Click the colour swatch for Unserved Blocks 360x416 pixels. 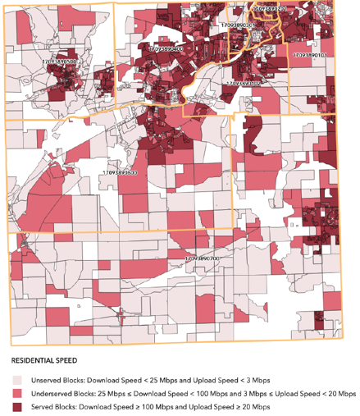pos(17,380)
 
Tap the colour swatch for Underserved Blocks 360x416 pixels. pos(17,393)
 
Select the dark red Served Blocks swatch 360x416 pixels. pos(17,406)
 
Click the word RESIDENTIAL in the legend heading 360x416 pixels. pos(35,359)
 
